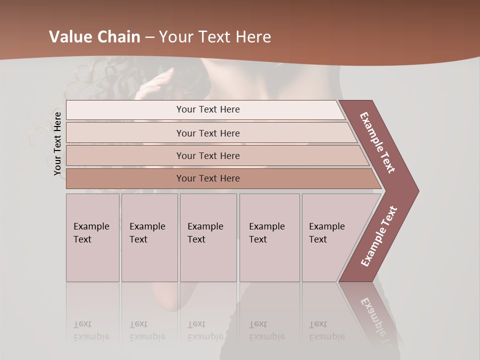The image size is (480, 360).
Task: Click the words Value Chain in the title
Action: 94,36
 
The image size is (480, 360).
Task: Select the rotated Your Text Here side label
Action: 57,144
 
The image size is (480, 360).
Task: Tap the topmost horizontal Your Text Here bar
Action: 208,109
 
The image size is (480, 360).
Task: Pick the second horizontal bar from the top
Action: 208,133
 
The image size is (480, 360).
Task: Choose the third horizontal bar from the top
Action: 208,155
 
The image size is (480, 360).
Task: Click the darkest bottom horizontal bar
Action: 208,178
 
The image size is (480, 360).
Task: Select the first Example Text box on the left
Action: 92,237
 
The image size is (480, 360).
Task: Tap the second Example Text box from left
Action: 149,237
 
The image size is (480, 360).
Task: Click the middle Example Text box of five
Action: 207,237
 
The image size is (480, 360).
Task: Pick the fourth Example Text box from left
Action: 269,237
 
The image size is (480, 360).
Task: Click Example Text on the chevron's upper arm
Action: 377,142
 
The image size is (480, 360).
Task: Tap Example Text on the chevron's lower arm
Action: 379,236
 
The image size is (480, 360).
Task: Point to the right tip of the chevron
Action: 417,191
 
